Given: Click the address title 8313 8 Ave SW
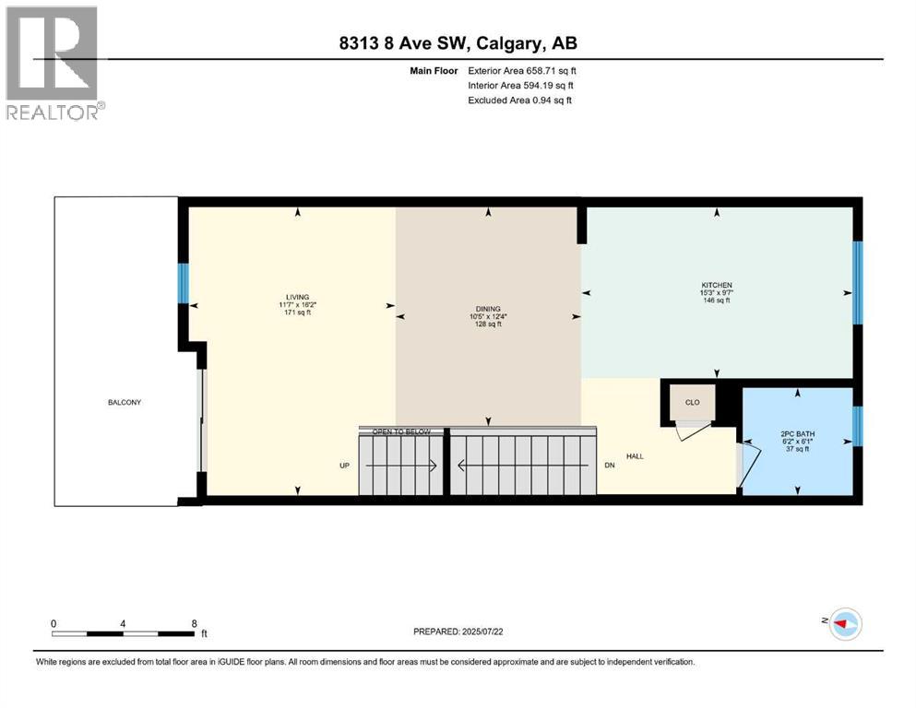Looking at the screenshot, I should (x=458, y=43).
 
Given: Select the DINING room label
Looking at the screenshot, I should (x=488, y=309).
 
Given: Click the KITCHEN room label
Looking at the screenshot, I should (x=716, y=286).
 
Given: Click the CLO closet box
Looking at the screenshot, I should (x=691, y=402).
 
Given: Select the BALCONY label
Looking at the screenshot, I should (x=115, y=403).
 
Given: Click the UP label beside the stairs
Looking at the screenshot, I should (x=345, y=466).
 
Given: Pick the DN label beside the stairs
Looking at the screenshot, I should (x=609, y=466).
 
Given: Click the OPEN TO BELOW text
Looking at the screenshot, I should (x=400, y=431).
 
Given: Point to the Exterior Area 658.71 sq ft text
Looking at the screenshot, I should (x=523, y=70).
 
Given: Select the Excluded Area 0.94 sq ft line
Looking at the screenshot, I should (x=519, y=100).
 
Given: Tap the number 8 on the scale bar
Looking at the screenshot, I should (x=193, y=623).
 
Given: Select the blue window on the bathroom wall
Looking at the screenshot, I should (x=857, y=425).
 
